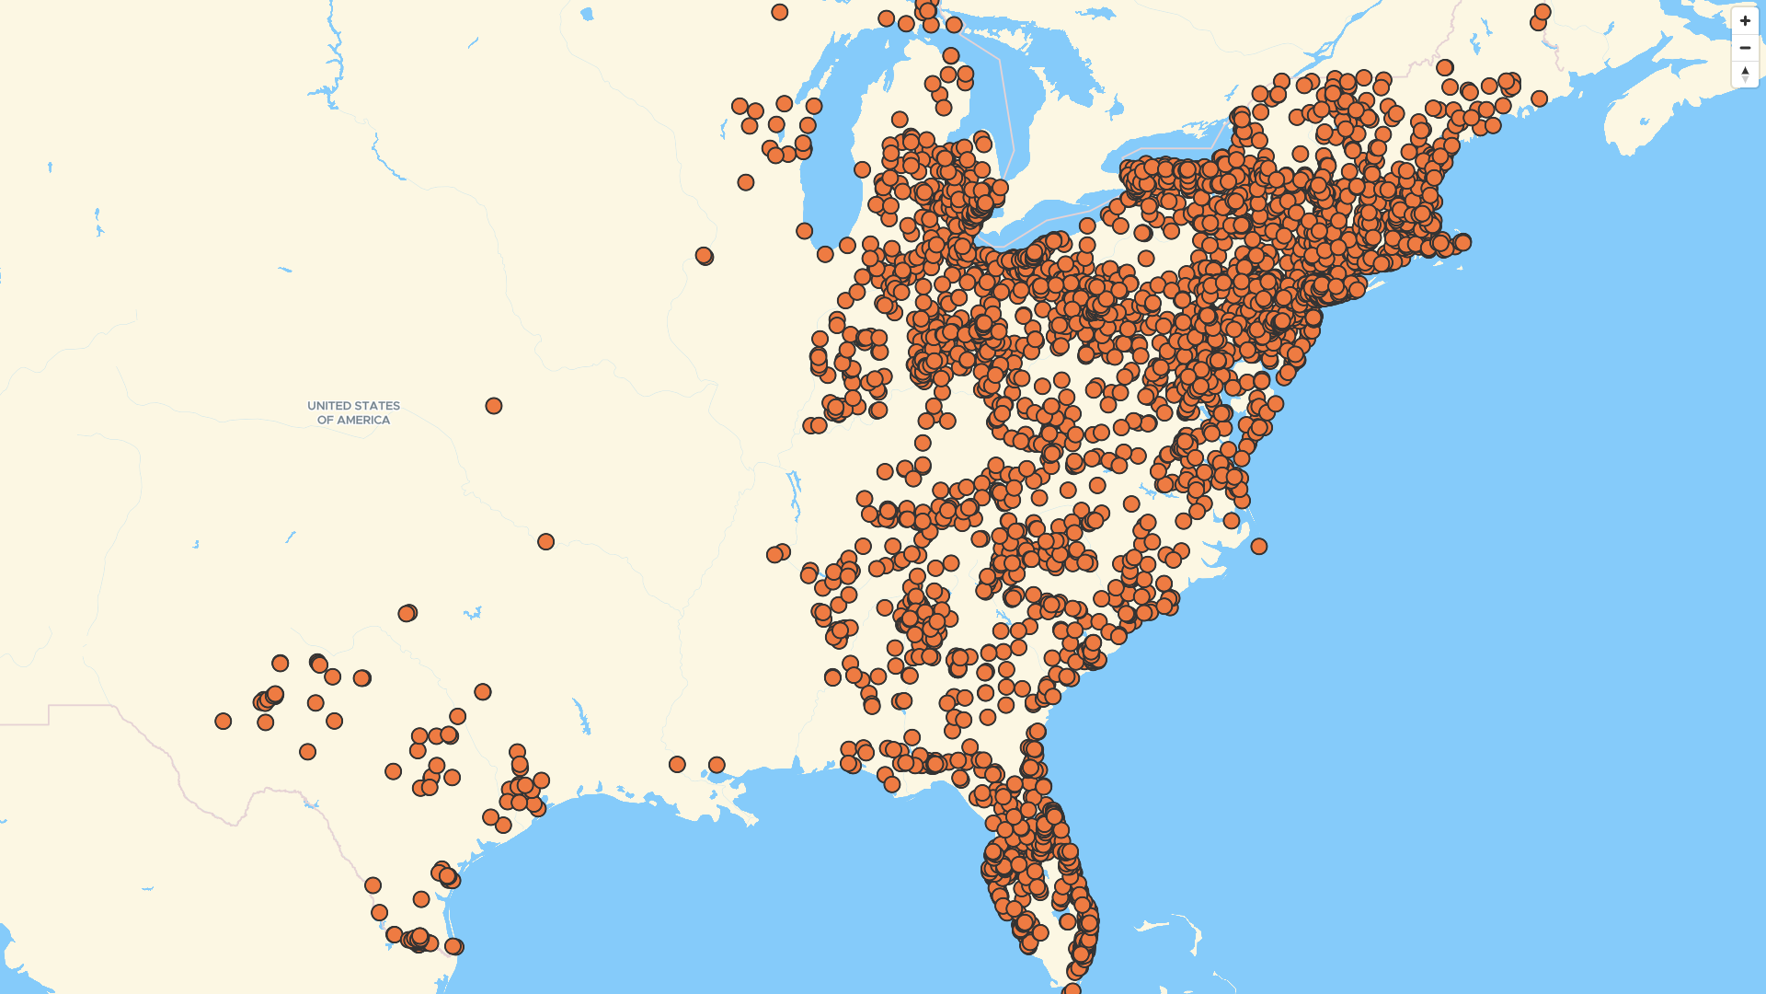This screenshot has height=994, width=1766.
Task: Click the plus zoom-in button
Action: [1745, 21]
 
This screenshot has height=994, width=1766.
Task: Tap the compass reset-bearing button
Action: [1745, 74]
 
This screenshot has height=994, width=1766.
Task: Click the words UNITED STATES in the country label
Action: [353, 406]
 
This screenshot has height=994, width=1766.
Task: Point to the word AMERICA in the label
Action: [366, 421]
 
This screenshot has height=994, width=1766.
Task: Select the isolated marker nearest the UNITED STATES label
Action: [494, 406]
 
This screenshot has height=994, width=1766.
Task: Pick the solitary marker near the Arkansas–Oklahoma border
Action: [545, 542]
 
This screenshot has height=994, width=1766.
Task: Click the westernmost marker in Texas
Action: [224, 721]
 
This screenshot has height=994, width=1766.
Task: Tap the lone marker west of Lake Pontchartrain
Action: [677, 765]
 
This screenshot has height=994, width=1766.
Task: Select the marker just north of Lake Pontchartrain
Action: [717, 765]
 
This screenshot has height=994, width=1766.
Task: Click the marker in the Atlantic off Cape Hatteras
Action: [1259, 547]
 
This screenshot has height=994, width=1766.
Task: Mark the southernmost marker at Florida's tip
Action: [1072, 990]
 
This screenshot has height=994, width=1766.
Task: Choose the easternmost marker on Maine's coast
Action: [1539, 98]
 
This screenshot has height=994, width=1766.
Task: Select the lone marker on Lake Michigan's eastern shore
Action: [862, 169]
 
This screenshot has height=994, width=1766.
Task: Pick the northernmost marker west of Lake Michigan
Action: [780, 12]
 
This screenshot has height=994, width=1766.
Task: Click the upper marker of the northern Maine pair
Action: [1542, 12]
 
